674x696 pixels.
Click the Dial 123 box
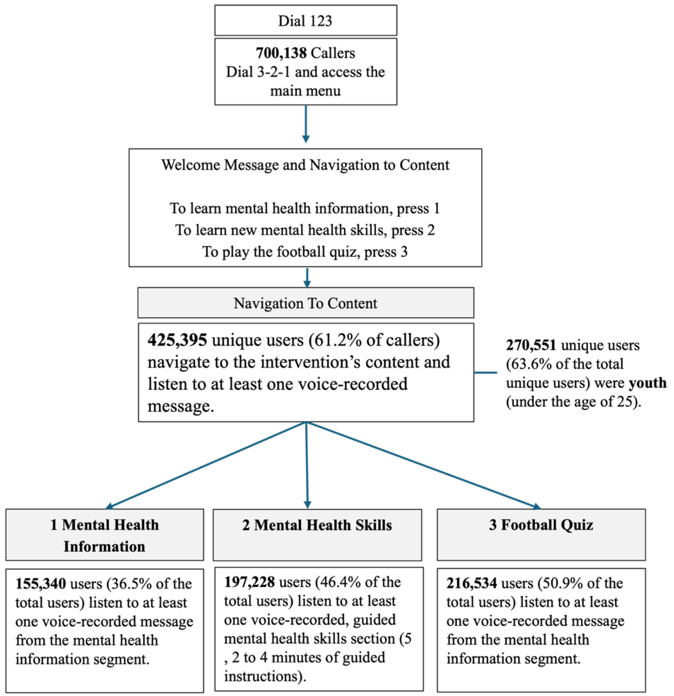click(x=305, y=21)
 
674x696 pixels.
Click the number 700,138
click(x=281, y=53)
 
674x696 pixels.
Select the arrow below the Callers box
click(x=306, y=124)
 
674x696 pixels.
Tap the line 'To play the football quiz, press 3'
click(x=305, y=252)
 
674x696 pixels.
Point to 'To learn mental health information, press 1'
click(x=305, y=209)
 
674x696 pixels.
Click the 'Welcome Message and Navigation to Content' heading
click(x=305, y=165)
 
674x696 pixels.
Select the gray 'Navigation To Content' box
click(x=305, y=303)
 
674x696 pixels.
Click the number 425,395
click(x=177, y=340)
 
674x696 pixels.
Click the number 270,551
click(x=531, y=345)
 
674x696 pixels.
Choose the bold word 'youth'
click(x=647, y=383)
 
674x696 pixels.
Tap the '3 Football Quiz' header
click(x=541, y=525)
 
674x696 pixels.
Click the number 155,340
click(x=40, y=584)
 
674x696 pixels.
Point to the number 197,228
click(x=249, y=582)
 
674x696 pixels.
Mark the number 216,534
click(x=471, y=583)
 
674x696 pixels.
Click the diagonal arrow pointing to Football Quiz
click(x=423, y=465)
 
